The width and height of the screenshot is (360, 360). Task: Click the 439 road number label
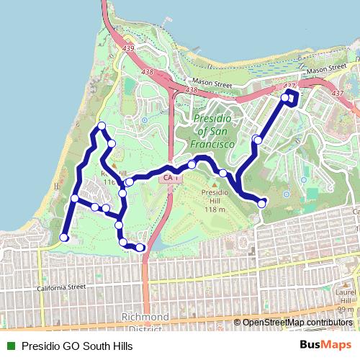click(x=129, y=48)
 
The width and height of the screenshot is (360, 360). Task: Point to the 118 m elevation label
click(x=215, y=210)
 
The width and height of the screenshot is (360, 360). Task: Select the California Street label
click(x=61, y=287)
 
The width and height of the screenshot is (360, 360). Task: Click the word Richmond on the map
click(x=145, y=318)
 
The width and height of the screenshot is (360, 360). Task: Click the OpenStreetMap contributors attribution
click(x=297, y=322)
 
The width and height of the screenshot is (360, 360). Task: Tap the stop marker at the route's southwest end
click(x=64, y=238)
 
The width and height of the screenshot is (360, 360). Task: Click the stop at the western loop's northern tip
click(x=102, y=127)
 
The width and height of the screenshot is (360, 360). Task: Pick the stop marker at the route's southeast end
click(x=261, y=204)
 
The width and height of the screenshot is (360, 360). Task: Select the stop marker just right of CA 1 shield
click(x=192, y=165)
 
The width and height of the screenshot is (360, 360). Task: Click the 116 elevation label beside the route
click(x=109, y=183)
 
